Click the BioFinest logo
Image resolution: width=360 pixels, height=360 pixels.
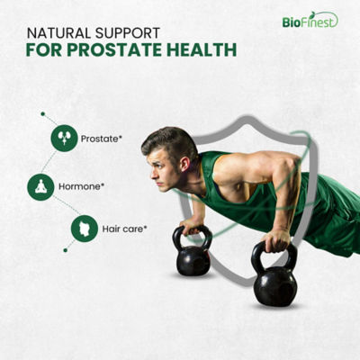(310, 20)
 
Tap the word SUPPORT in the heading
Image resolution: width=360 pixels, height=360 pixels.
(127, 33)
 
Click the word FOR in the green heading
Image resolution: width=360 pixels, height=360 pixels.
(44, 49)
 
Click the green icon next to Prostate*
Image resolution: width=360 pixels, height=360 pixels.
(64, 139)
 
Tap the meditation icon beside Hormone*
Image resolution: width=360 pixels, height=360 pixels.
(40, 187)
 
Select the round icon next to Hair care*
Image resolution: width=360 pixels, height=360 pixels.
(85, 229)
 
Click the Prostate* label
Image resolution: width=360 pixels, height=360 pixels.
(102, 139)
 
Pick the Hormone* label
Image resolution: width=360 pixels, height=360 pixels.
(81, 186)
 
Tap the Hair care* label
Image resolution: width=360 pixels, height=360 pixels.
(124, 229)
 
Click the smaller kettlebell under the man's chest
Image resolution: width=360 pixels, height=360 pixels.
(193, 251)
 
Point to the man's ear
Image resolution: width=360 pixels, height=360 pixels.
(184, 164)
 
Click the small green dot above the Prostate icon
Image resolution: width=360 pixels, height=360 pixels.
(43, 114)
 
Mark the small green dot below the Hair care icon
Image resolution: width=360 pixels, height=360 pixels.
(66, 250)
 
